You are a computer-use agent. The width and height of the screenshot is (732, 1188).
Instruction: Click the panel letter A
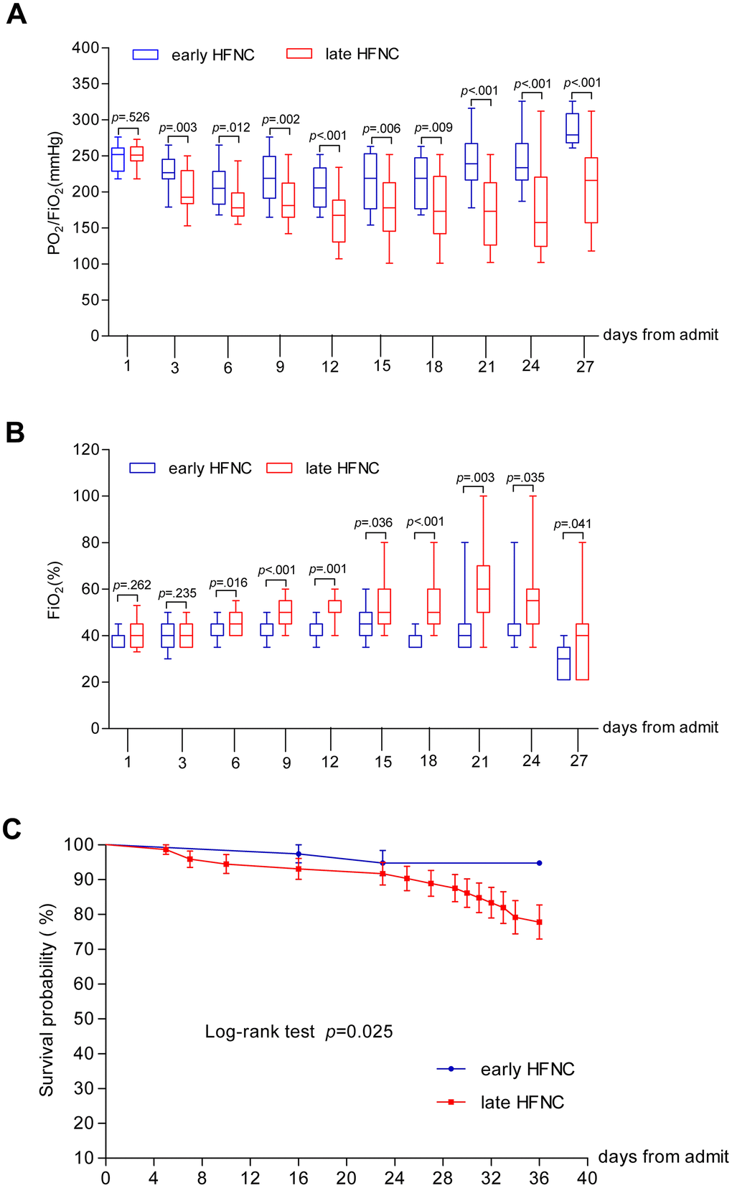click(x=16, y=14)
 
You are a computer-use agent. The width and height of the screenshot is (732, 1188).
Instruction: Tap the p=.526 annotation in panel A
click(x=131, y=118)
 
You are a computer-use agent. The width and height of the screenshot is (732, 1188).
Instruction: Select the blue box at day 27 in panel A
click(x=572, y=128)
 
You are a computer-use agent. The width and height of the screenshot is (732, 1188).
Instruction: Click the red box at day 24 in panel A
click(x=540, y=212)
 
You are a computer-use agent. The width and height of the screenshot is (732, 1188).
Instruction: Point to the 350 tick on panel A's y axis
click(x=85, y=84)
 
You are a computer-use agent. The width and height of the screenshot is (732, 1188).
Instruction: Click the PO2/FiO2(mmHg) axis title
click(x=55, y=193)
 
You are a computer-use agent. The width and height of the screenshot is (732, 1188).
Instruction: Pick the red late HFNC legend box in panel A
click(x=299, y=54)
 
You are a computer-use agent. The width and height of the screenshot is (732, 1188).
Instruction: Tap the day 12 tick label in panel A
click(x=330, y=367)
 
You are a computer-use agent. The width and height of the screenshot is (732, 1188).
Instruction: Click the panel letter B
click(x=14, y=433)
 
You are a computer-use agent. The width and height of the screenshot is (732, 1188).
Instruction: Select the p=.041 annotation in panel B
click(x=573, y=524)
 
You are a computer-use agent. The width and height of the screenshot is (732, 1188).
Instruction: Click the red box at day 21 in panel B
click(x=483, y=589)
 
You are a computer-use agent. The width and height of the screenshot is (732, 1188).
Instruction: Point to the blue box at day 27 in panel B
click(x=564, y=664)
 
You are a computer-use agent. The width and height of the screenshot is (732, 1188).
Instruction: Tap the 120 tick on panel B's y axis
click(x=85, y=450)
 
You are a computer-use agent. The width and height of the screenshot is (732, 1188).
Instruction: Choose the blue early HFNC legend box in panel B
click(x=142, y=468)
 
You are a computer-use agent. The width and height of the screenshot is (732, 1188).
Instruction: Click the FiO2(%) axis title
click(x=55, y=590)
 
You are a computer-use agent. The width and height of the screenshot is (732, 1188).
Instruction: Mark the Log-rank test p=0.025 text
click(x=299, y=1032)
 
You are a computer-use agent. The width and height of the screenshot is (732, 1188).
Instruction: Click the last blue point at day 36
click(x=539, y=863)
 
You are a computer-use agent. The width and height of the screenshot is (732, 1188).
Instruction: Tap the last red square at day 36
click(x=539, y=922)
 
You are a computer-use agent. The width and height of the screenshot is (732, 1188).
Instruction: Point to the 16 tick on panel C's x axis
click(x=298, y=1177)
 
